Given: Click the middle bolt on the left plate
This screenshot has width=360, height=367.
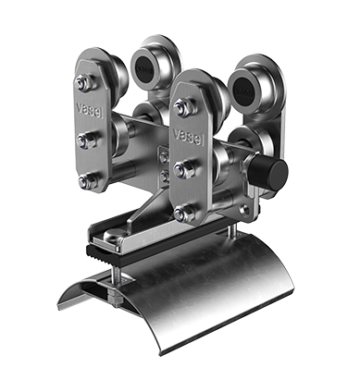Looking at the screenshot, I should pyautogui.click(x=87, y=140).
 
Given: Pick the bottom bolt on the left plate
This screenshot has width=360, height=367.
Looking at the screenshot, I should pyautogui.click(x=88, y=182).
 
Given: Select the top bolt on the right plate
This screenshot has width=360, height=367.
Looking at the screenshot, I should pyautogui.click(x=184, y=107).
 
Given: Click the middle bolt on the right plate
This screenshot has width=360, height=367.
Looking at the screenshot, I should pyautogui.click(x=184, y=169).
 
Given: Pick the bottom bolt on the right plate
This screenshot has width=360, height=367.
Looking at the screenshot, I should pyautogui.click(x=184, y=213).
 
